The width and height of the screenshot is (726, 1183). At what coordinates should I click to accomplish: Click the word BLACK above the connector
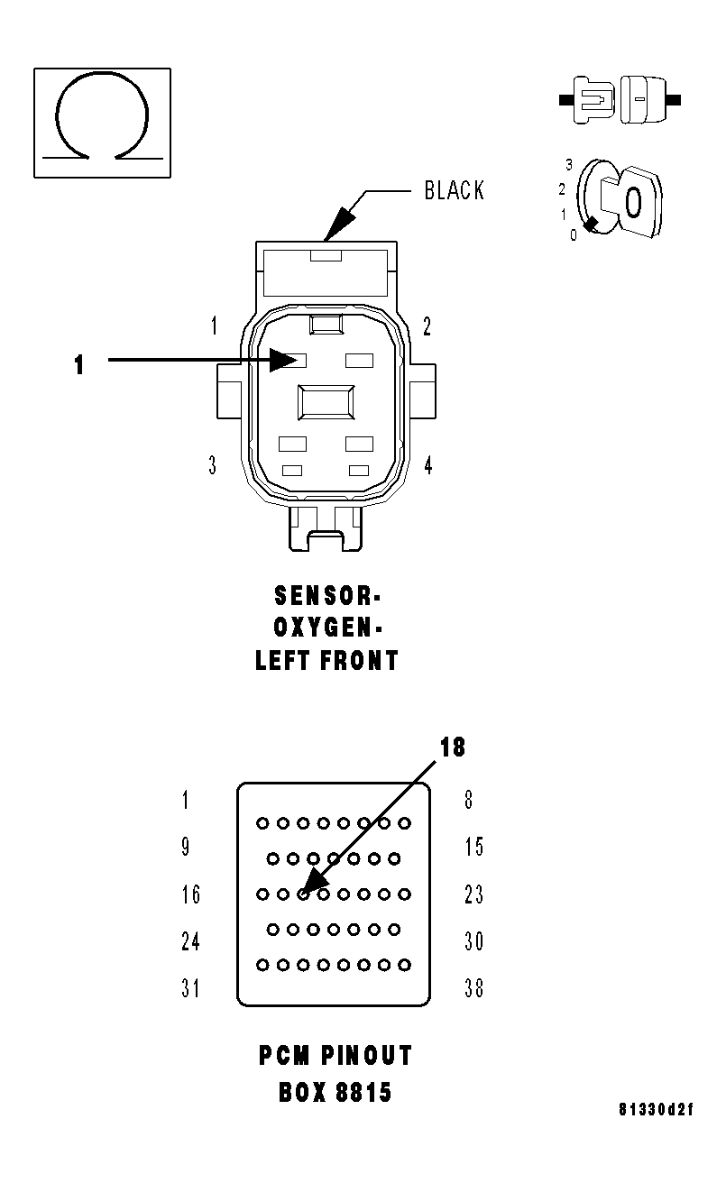pyautogui.click(x=454, y=191)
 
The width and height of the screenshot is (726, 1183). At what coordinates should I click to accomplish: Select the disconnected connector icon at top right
pyautogui.click(x=620, y=99)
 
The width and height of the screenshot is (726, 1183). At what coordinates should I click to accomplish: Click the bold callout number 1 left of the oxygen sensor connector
pyautogui.click(x=79, y=365)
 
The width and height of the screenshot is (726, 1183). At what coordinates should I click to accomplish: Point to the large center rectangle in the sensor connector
pyautogui.click(x=326, y=401)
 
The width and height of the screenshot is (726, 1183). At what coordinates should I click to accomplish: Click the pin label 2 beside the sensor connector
pyautogui.click(x=427, y=326)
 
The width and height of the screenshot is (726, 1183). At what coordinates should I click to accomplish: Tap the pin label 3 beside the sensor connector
pyautogui.click(x=213, y=465)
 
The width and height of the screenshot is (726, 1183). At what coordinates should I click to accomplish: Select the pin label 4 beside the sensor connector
pyautogui.click(x=427, y=465)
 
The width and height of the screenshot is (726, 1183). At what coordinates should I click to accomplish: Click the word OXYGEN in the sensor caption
pyautogui.click(x=322, y=628)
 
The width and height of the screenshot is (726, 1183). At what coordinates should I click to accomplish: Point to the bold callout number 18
pyautogui.click(x=453, y=747)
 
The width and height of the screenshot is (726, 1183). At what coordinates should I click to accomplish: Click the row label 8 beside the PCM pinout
pyautogui.click(x=468, y=800)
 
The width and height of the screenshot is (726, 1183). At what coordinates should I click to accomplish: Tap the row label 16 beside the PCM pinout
pyautogui.click(x=190, y=894)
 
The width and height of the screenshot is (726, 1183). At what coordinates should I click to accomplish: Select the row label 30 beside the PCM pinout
pyautogui.click(x=473, y=941)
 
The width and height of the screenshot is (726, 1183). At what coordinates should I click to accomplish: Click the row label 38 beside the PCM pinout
pyautogui.click(x=473, y=988)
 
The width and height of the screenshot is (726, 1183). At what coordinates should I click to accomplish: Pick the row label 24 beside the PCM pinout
pyautogui.click(x=190, y=941)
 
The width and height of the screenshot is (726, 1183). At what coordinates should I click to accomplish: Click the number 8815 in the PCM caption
pyautogui.click(x=363, y=1093)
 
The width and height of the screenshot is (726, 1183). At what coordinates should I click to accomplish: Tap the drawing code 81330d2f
pyautogui.click(x=657, y=1109)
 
